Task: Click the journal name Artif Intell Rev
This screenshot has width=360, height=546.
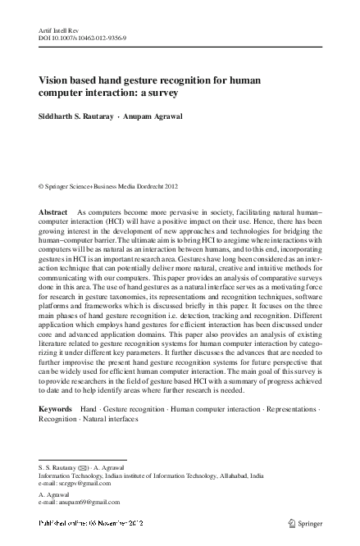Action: coord(55,29)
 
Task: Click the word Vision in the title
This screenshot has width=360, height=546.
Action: coord(56,80)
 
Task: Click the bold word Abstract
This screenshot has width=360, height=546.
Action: coord(53,212)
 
